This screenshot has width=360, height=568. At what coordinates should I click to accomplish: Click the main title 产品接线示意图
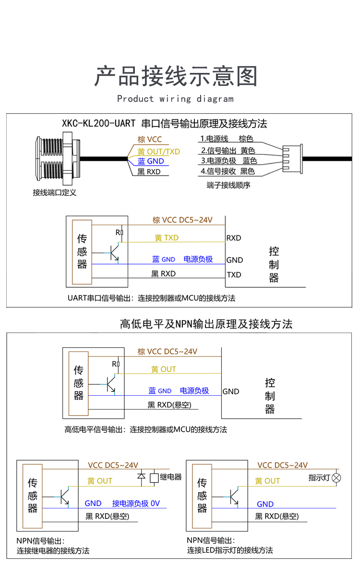click(x=176, y=76)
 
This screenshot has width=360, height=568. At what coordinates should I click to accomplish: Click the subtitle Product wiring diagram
click(x=175, y=99)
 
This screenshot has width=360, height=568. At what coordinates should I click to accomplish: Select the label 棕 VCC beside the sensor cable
click(x=150, y=140)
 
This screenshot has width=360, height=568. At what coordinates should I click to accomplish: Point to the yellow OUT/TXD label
click(x=158, y=151)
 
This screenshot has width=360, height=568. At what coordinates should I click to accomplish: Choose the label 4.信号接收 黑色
click(x=228, y=171)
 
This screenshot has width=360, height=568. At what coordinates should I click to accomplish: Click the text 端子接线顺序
click(x=228, y=185)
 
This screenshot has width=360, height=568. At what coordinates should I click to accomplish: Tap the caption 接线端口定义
click(x=54, y=193)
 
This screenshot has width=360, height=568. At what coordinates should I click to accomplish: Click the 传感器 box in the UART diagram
click(x=82, y=251)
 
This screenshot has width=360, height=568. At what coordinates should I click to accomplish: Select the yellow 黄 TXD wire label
click(x=166, y=237)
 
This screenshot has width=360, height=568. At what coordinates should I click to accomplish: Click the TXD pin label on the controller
click(x=234, y=275)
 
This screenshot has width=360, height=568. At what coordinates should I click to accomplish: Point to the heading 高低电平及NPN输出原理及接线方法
click(x=206, y=324)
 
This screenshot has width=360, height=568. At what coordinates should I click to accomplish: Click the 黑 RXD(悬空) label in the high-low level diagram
click(x=169, y=405)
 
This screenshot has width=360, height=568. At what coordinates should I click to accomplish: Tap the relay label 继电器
click(x=170, y=477)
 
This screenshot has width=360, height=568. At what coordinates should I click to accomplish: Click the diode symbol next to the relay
click(x=142, y=477)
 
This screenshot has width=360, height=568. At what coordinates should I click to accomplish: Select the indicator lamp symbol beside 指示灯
click(x=337, y=478)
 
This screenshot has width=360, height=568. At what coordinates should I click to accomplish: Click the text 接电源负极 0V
click(x=136, y=503)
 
